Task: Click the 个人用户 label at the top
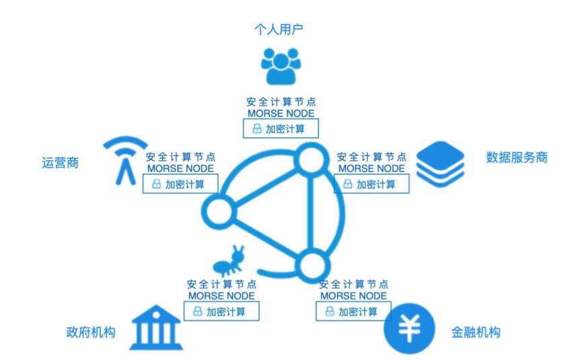click(281, 29)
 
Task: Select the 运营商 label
click(60, 162)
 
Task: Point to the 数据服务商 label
click(517, 157)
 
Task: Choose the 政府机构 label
click(91, 332)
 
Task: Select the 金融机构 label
click(475, 332)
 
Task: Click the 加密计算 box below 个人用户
click(281, 128)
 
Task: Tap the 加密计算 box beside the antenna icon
click(180, 183)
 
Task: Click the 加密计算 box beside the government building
click(220, 312)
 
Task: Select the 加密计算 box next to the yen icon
click(352, 312)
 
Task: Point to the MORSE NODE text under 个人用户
click(281, 113)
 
